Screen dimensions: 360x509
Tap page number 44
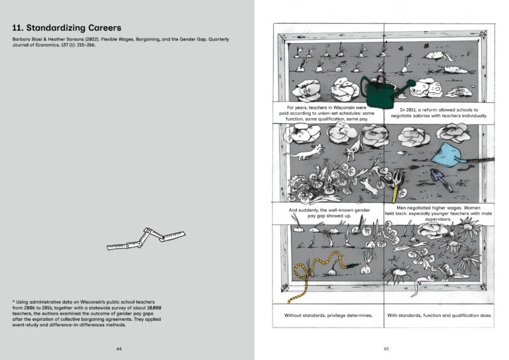pyautogui.click(x=119, y=349)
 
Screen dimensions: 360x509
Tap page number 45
pyautogui.click(x=385, y=349)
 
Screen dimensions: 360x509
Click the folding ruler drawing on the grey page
pyautogui.click(x=146, y=239)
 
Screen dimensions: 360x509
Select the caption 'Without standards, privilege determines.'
pyautogui.click(x=328, y=315)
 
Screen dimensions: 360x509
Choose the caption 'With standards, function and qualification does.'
pyautogui.click(x=439, y=315)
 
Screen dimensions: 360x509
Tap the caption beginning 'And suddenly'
pyautogui.click(x=328, y=213)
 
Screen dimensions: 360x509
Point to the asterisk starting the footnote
pyautogui.click(x=14, y=302)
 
